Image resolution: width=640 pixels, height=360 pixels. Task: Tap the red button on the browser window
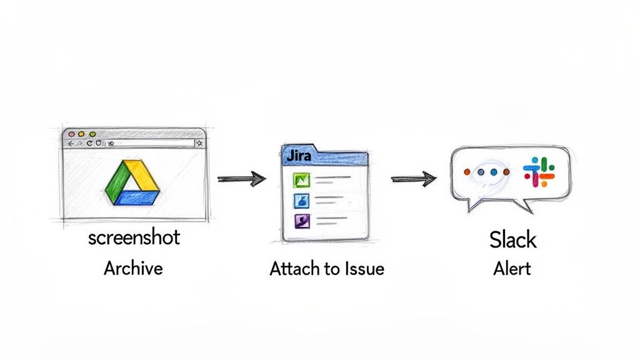tap(71, 134)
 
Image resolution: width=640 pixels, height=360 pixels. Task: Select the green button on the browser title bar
tap(92, 134)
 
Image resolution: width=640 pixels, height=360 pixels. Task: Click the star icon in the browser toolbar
tap(199, 144)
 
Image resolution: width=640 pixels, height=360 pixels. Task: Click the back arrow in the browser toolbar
tap(69, 144)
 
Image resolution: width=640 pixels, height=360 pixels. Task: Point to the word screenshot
tap(134, 237)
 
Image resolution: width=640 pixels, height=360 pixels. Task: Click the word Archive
tap(133, 268)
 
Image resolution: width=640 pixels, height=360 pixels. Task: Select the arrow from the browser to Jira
tap(241, 179)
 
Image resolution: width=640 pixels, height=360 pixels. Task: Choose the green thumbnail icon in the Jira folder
tap(302, 181)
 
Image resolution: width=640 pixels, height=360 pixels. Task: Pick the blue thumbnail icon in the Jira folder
tap(302, 201)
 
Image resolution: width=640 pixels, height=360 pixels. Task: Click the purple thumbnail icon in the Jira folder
tap(302, 221)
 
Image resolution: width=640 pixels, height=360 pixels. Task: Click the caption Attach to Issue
tap(326, 269)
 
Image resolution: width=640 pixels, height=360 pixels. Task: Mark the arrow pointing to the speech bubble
tap(413, 179)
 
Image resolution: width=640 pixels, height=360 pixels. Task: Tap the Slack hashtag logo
tap(539, 172)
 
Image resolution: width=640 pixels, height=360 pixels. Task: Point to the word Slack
tap(512, 239)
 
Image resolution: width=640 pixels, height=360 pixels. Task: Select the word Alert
tap(512, 268)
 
